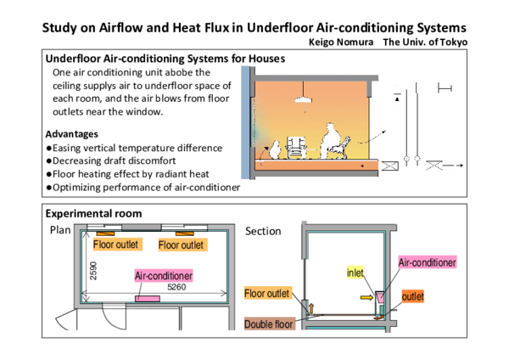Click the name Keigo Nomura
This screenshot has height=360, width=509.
[341, 42]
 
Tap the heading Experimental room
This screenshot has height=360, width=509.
[93, 213]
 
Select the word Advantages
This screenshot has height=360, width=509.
[72, 134]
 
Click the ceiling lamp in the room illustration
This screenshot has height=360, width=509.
[303, 99]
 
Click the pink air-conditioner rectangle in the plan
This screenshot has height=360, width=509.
[148, 299]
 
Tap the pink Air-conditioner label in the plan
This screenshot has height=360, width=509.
[164, 276]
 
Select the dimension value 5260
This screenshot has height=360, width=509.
[176, 287]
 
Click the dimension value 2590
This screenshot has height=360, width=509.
[93, 271]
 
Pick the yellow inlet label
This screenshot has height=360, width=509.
[355, 273]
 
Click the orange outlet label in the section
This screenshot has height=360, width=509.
[412, 296]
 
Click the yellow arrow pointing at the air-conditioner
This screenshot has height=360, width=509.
[366, 297]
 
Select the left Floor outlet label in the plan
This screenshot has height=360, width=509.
[115, 245]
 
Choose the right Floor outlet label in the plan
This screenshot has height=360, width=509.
[182, 245]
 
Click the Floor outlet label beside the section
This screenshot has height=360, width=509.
[267, 294]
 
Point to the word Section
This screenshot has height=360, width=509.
[263, 231]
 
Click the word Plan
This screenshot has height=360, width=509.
[60, 230]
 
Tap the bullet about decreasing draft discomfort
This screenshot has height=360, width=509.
[111, 160]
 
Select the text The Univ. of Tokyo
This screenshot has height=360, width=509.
[425, 42]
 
